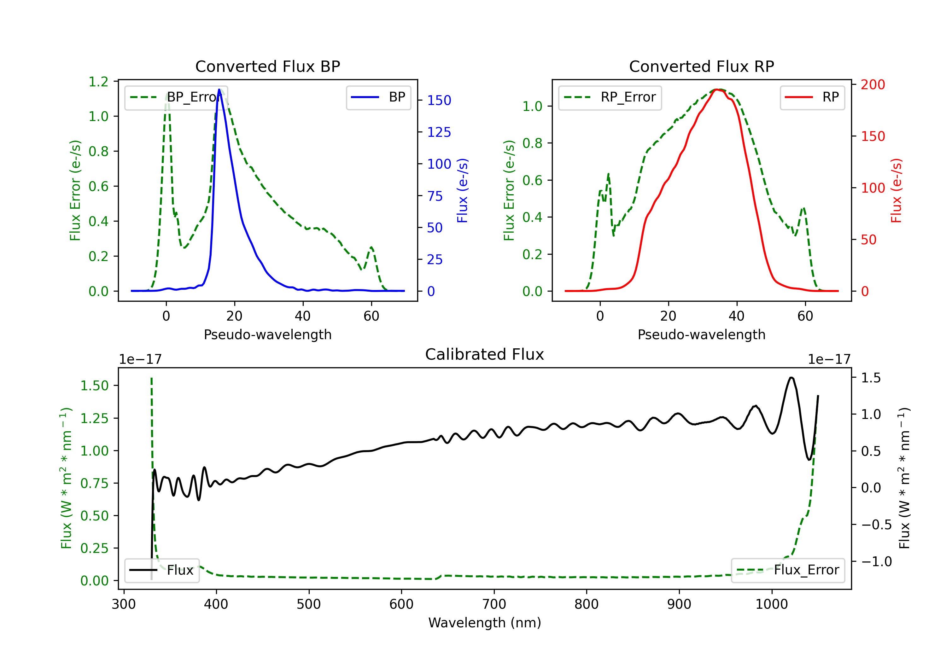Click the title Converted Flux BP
(x=267, y=66)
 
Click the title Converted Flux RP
(x=701, y=66)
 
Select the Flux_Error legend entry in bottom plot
(x=788, y=570)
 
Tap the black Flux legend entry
(x=162, y=570)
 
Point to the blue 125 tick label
(x=439, y=132)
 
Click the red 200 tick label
(x=873, y=84)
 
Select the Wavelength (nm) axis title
(x=485, y=623)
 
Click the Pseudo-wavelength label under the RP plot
(x=701, y=334)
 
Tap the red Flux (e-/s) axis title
(x=896, y=190)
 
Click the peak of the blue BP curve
(x=219, y=90)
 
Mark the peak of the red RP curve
(x=717, y=90)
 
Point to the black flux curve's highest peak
(x=791, y=377)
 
